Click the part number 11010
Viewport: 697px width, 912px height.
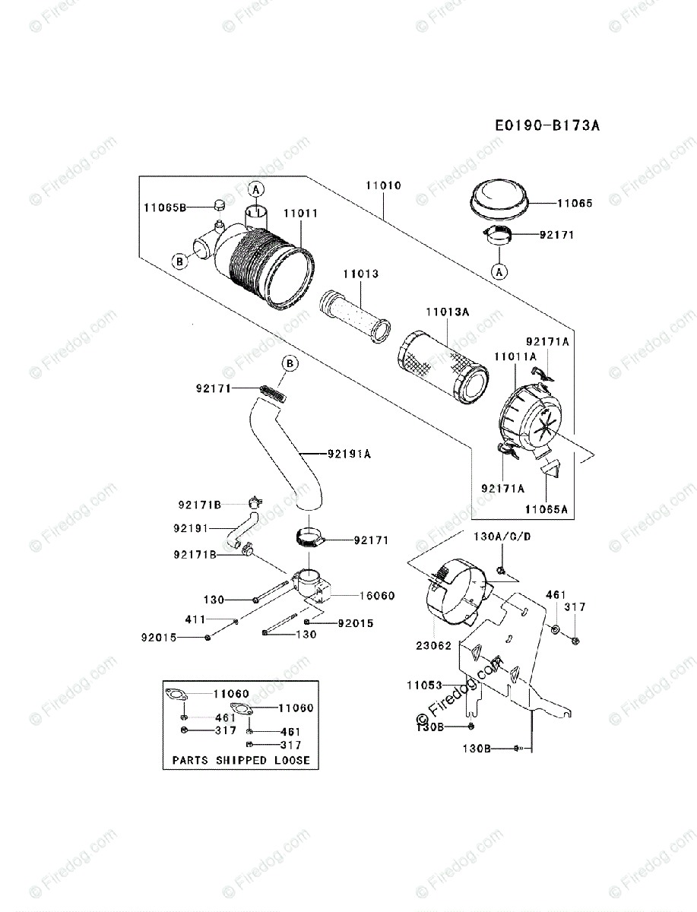click(x=383, y=185)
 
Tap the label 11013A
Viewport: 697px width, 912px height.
click(x=446, y=311)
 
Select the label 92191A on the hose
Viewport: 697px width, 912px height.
click(x=349, y=454)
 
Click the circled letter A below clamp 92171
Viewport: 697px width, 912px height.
click(x=499, y=270)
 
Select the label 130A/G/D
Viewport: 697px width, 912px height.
click(x=502, y=537)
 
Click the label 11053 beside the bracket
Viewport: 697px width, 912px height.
click(x=424, y=685)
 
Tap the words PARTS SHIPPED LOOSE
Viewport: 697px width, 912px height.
click(x=240, y=759)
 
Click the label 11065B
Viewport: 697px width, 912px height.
click(x=164, y=207)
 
